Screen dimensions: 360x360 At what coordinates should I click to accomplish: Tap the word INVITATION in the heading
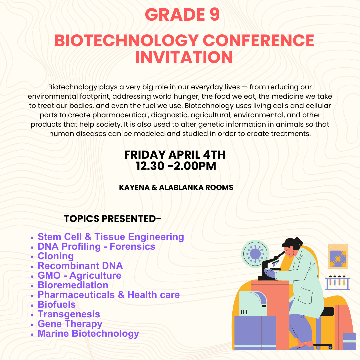tap(184, 57)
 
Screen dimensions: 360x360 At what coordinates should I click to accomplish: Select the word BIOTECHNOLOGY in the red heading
tap(127, 41)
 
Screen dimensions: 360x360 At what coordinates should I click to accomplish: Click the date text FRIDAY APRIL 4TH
tap(175, 155)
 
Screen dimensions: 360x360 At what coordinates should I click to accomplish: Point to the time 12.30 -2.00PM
tap(176, 166)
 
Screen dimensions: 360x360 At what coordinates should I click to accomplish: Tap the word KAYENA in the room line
tap(134, 187)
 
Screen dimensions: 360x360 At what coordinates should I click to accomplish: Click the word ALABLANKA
tap(181, 187)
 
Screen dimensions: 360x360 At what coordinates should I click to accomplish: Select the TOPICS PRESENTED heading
tap(112, 219)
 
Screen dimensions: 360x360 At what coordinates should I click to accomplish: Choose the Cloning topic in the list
tap(56, 256)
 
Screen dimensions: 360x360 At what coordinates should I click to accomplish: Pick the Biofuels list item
tap(56, 304)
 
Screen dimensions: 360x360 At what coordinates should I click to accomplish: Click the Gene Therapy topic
tap(70, 324)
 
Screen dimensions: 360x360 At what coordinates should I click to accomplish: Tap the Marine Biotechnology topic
tap(88, 333)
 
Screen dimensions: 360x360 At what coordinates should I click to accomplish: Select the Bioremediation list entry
tap(73, 285)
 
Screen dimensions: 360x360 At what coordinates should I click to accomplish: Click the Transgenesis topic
tap(69, 314)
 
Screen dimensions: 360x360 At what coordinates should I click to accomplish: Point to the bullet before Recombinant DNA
tap(32, 267)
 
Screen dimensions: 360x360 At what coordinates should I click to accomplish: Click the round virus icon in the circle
tap(255, 254)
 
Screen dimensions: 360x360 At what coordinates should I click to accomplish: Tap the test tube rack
tap(337, 282)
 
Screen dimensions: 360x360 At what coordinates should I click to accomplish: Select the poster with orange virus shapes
tap(338, 256)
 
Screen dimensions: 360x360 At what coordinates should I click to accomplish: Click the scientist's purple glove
tap(270, 273)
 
